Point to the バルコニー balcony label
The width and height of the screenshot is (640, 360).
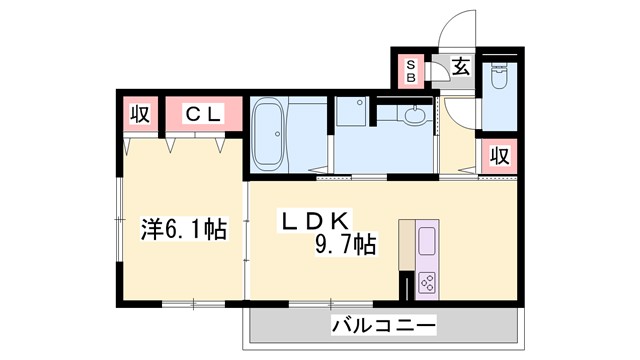pyautogui.click(x=384, y=324)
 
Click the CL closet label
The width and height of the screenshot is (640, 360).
pyautogui.click(x=203, y=115)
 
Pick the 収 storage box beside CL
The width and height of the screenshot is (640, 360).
pyautogui.click(x=141, y=115)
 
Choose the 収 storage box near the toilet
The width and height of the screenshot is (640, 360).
pyautogui.click(x=499, y=157)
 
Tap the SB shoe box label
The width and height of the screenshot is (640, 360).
pyautogui.click(x=409, y=71)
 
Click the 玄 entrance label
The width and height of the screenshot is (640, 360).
pyautogui.click(x=461, y=68)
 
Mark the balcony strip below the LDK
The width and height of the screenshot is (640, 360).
pyautogui.click(x=384, y=325)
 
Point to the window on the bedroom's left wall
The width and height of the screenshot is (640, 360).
pyautogui.click(x=118, y=220)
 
